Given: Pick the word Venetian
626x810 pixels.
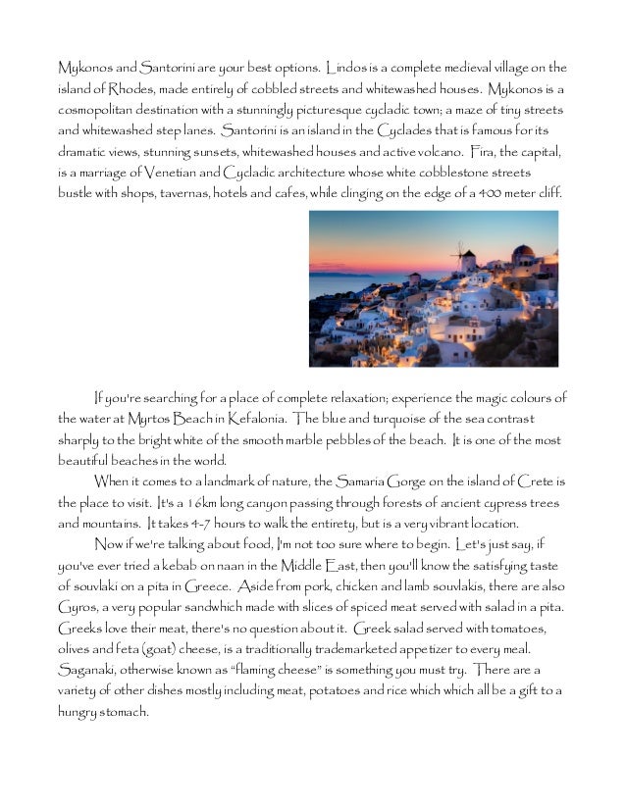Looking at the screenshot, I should [x=173, y=173].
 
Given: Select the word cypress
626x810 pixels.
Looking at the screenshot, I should [x=496, y=502].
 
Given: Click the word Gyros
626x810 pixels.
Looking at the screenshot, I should [x=78, y=607].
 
